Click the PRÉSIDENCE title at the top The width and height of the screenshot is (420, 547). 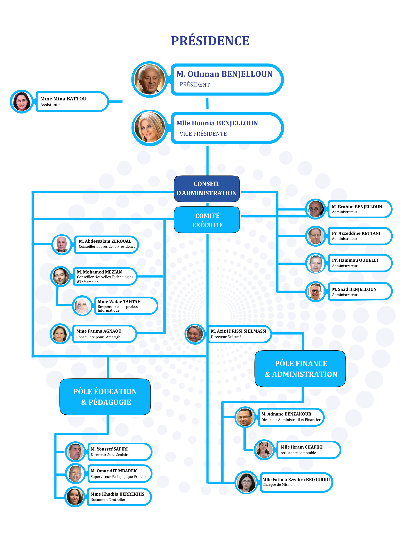210,41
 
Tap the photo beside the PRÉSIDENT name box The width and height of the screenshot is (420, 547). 149,79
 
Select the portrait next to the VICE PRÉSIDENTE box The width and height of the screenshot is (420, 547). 149,128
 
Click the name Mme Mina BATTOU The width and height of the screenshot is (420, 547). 63,99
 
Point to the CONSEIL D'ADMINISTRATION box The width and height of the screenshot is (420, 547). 207,189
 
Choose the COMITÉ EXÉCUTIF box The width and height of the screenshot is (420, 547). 207,220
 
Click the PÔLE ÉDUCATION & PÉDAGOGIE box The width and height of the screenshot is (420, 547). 105,396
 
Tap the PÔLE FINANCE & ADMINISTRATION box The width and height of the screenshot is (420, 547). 301,368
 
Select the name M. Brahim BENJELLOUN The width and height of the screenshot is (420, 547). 357,207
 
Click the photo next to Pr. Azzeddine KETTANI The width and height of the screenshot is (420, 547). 315,236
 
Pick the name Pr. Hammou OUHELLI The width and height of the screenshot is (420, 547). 355,260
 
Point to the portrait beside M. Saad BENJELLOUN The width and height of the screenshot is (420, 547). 315,291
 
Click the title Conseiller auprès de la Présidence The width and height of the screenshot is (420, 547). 107,247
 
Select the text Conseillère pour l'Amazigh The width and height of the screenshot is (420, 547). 98,337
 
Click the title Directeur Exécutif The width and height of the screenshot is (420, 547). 226,337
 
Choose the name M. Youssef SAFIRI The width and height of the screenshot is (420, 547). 109,449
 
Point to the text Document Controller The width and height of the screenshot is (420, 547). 108,500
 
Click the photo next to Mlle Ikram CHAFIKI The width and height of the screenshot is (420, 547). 264,450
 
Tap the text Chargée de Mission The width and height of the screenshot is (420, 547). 278,484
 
